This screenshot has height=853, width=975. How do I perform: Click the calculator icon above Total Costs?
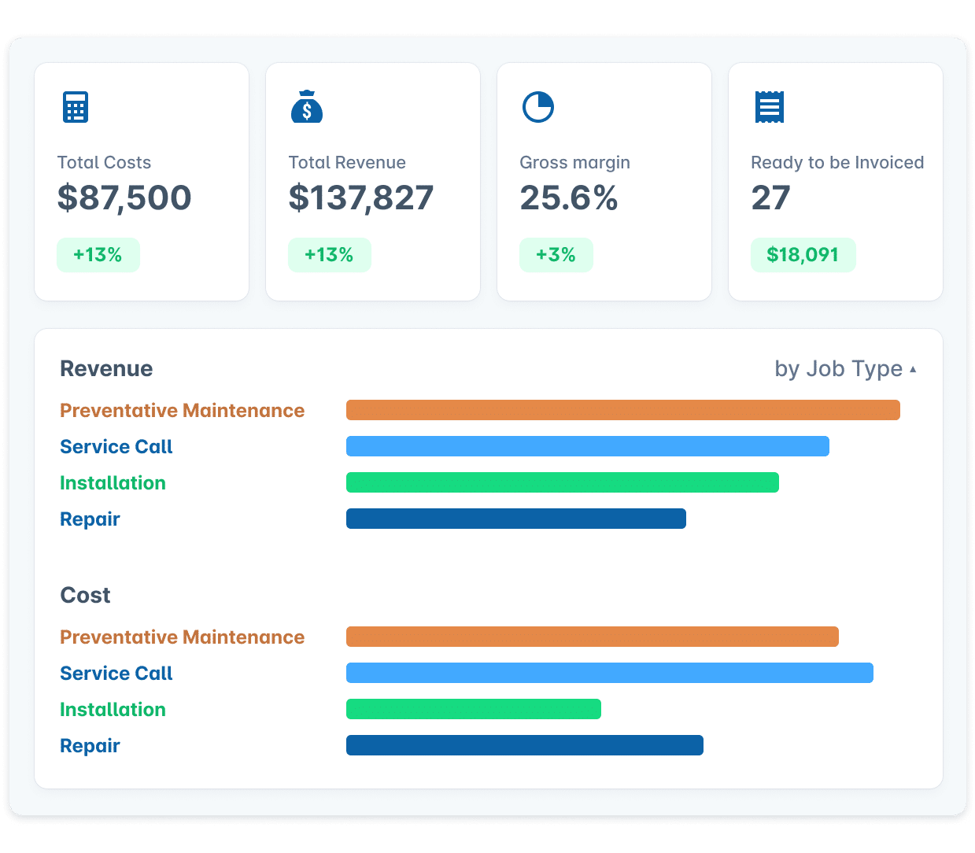pyautogui.click(x=76, y=107)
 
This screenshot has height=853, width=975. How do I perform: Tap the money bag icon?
pyautogui.click(x=307, y=107)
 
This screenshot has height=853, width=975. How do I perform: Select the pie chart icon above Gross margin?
pyautogui.click(x=538, y=107)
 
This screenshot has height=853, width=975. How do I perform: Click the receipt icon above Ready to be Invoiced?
pyautogui.click(x=769, y=107)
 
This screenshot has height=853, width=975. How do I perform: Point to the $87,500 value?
pyautogui.click(x=124, y=198)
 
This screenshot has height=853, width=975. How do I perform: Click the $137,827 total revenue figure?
pyautogui.click(x=360, y=198)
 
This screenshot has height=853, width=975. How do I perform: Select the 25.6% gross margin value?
pyautogui.click(x=568, y=198)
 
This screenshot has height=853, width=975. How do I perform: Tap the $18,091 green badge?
pyautogui.click(x=803, y=255)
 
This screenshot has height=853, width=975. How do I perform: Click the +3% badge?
pyautogui.click(x=556, y=255)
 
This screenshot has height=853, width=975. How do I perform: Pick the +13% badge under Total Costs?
pyautogui.click(x=98, y=255)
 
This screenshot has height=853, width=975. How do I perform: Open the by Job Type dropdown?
pyautogui.click(x=845, y=368)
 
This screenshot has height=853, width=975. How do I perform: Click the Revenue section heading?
pyautogui.click(x=106, y=368)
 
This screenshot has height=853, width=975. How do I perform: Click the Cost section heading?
pyautogui.click(x=85, y=595)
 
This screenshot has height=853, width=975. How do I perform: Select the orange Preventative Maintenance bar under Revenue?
pyautogui.click(x=622, y=410)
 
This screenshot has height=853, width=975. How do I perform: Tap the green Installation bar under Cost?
pyautogui.click(x=473, y=709)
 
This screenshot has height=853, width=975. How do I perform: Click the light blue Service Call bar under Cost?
pyautogui.click(x=609, y=673)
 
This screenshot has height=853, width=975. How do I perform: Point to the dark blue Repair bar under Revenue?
pyautogui.click(x=515, y=519)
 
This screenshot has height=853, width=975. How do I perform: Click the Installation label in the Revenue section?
pyautogui.click(x=113, y=482)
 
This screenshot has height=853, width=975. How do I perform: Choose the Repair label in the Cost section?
pyautogui.click(x=90, y=745)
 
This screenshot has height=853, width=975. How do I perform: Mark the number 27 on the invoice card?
pyautogui.click(x=770, y=198)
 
